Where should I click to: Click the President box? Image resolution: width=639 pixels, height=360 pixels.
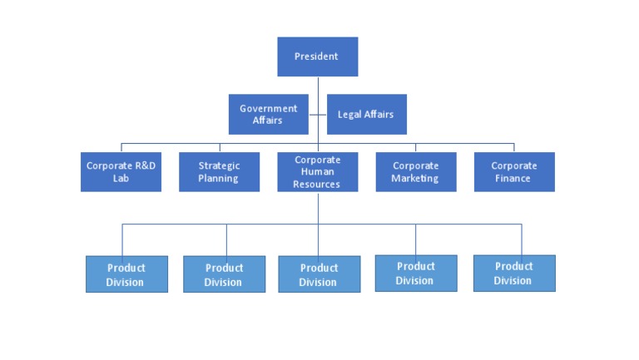[x=317, y=57]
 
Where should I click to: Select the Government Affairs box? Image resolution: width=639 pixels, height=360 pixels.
[x=268, y=114]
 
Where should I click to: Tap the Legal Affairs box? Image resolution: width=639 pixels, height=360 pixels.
[x=366, y=114]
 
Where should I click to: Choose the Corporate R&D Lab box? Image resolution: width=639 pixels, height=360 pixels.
[x=121, y=171]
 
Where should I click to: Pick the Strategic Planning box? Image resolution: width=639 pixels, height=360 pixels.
[x=219, y=171]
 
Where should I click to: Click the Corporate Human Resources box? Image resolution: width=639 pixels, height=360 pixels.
[x=317, y=171]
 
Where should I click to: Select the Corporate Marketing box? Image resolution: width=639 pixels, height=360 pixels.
[x=415, y=171]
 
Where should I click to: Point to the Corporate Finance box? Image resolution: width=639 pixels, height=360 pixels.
[x=513, y=171]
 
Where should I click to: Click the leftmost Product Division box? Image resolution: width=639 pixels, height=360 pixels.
[x=126, y=274]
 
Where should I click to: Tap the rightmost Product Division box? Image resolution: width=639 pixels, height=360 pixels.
[x=514, y=273]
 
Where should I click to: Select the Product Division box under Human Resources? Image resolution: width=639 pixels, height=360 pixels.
[x=319, y=274]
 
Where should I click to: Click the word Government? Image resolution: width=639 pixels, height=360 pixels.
[x=268, y=108]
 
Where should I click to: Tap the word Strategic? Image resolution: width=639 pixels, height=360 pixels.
[x=219, y=165]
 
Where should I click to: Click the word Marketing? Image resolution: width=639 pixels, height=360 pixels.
[x=415, y=178]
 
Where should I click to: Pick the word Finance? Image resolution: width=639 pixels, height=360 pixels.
[x=513, y=178]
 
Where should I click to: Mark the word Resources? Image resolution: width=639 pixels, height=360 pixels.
[x=316, y=184]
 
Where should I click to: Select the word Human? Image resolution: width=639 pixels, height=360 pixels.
[x=317, y=172]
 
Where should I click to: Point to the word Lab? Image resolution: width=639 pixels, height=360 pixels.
[x=121, y=178]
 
